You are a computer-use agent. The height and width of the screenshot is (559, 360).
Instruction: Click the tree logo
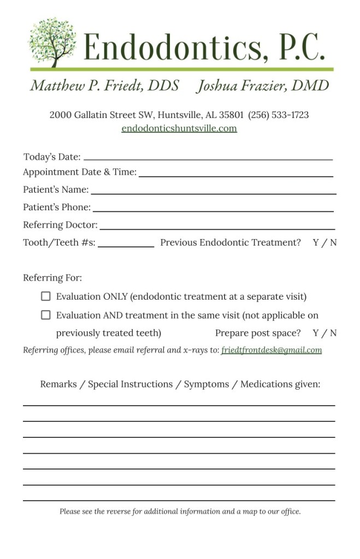pyautogui.click(x=52, y=43)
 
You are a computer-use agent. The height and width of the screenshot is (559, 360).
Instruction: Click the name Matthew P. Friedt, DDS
pyautogui.click(x=104, y=86)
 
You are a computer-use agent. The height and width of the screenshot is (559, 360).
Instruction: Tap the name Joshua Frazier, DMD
pyautogui.click(x=263, y=86)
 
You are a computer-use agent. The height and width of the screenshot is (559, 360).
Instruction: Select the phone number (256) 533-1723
pyautogui.click(x=278, y=115)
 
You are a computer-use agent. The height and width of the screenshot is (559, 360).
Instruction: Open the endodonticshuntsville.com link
pyautogui.click(x=179, y=129)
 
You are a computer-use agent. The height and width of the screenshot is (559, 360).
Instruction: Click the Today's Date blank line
pyautogui.click(x=208, y=158)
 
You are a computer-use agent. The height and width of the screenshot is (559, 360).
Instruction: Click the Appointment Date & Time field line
pyautogui.click(x=235, y=175)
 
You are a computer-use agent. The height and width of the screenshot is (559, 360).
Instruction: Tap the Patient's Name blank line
pyautogui.click(x=213, y=193)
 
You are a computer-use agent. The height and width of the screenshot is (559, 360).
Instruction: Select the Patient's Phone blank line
pyautogui.click(x=213, y=210)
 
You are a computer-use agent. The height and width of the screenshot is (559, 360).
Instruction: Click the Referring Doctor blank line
pyautogui.click(x=217, y=228)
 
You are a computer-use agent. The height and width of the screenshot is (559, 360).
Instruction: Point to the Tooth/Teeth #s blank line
pyautogui.click(x=126, y=246)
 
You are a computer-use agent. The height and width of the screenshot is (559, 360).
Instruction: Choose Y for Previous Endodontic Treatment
pyautogui.click(x=316, y=242)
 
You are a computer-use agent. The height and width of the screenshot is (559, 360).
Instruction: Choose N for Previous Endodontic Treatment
pyautogui.click(x=333, y=242)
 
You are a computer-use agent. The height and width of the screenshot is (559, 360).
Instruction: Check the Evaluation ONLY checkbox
pyautogui.click(x=46, y=296)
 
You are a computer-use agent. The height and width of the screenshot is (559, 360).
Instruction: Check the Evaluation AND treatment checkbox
pyautogui.click(x=46, y=315)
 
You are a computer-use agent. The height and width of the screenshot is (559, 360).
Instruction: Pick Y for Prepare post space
pyautogui.click(x=316, y=333)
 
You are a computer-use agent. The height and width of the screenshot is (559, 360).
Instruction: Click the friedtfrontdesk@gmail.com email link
pyautogui.click(x=271, y=350)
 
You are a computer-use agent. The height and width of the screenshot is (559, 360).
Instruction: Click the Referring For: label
pyautogui.click(x=52, y=278)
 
